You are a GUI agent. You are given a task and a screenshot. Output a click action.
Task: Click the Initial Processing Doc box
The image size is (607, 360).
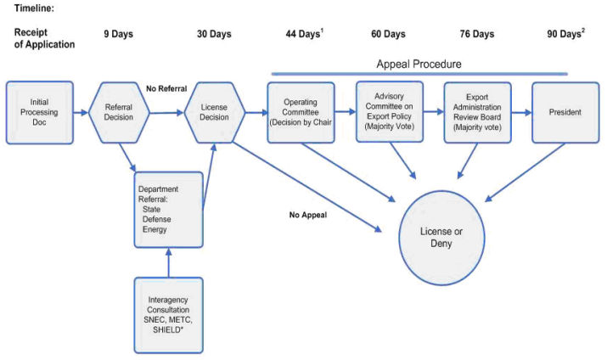point(39,112)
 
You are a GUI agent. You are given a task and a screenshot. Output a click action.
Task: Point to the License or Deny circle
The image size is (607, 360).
point(441,238)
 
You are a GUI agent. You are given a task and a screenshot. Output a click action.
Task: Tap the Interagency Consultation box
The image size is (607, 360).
point(168,315)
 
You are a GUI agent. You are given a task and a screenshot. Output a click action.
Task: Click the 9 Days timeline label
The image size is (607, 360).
point(119,34)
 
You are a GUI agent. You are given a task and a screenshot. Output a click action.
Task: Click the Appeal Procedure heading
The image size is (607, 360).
point(418,64)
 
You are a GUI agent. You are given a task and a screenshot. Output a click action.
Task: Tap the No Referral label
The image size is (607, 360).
point(166,87)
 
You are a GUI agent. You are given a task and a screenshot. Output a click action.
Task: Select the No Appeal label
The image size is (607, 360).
point(308,215)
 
